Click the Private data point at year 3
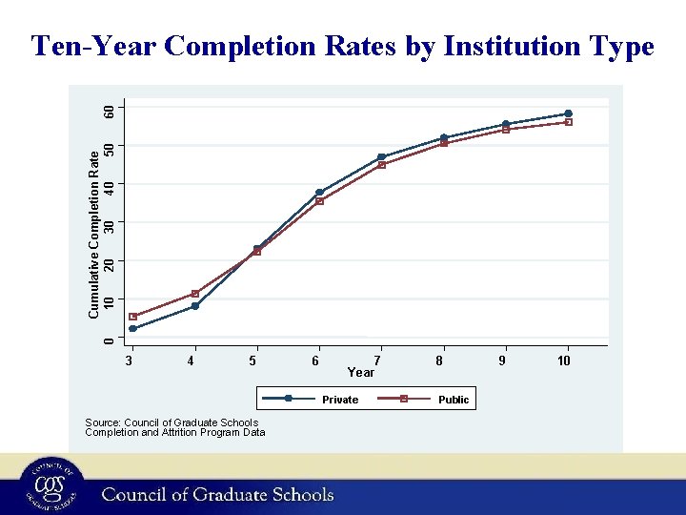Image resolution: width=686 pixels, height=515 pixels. pyautogui.click(x=133, y=329)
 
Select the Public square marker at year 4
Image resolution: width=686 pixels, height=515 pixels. pyautogui.click(x=195, y=294)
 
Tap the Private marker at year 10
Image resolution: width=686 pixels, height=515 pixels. pyautogui.click(x=568, y=113)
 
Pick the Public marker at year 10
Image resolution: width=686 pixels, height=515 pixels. pyautogui.click(x=568, y=122)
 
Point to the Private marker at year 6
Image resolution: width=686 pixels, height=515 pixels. pyautogui.click(x=319, y=193)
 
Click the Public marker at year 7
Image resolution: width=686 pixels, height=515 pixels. pyautogui.click(x=381, y=165)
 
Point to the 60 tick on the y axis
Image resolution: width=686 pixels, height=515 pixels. pyautogui.click(x=111, y=111)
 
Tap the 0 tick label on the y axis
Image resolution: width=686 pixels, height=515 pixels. pyautogui.click(x=111, y=339)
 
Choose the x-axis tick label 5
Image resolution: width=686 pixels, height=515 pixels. pyautogui.click(x=252, y=360)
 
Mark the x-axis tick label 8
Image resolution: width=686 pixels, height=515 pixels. pyautogui.click(x=439, y=360)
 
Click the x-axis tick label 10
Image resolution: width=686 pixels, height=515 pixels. pyautogui.click(x=564, y=360)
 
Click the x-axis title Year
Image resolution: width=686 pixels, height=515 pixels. pyautogui.click(x=361, y=372)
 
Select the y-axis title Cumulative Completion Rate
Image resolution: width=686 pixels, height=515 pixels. pyautogui.click(x=93, y=235)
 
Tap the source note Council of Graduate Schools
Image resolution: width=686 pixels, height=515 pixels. pyautogui.click(x=171, y=422)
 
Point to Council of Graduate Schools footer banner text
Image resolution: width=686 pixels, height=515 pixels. pyautogui.click(x=218, y=494)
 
